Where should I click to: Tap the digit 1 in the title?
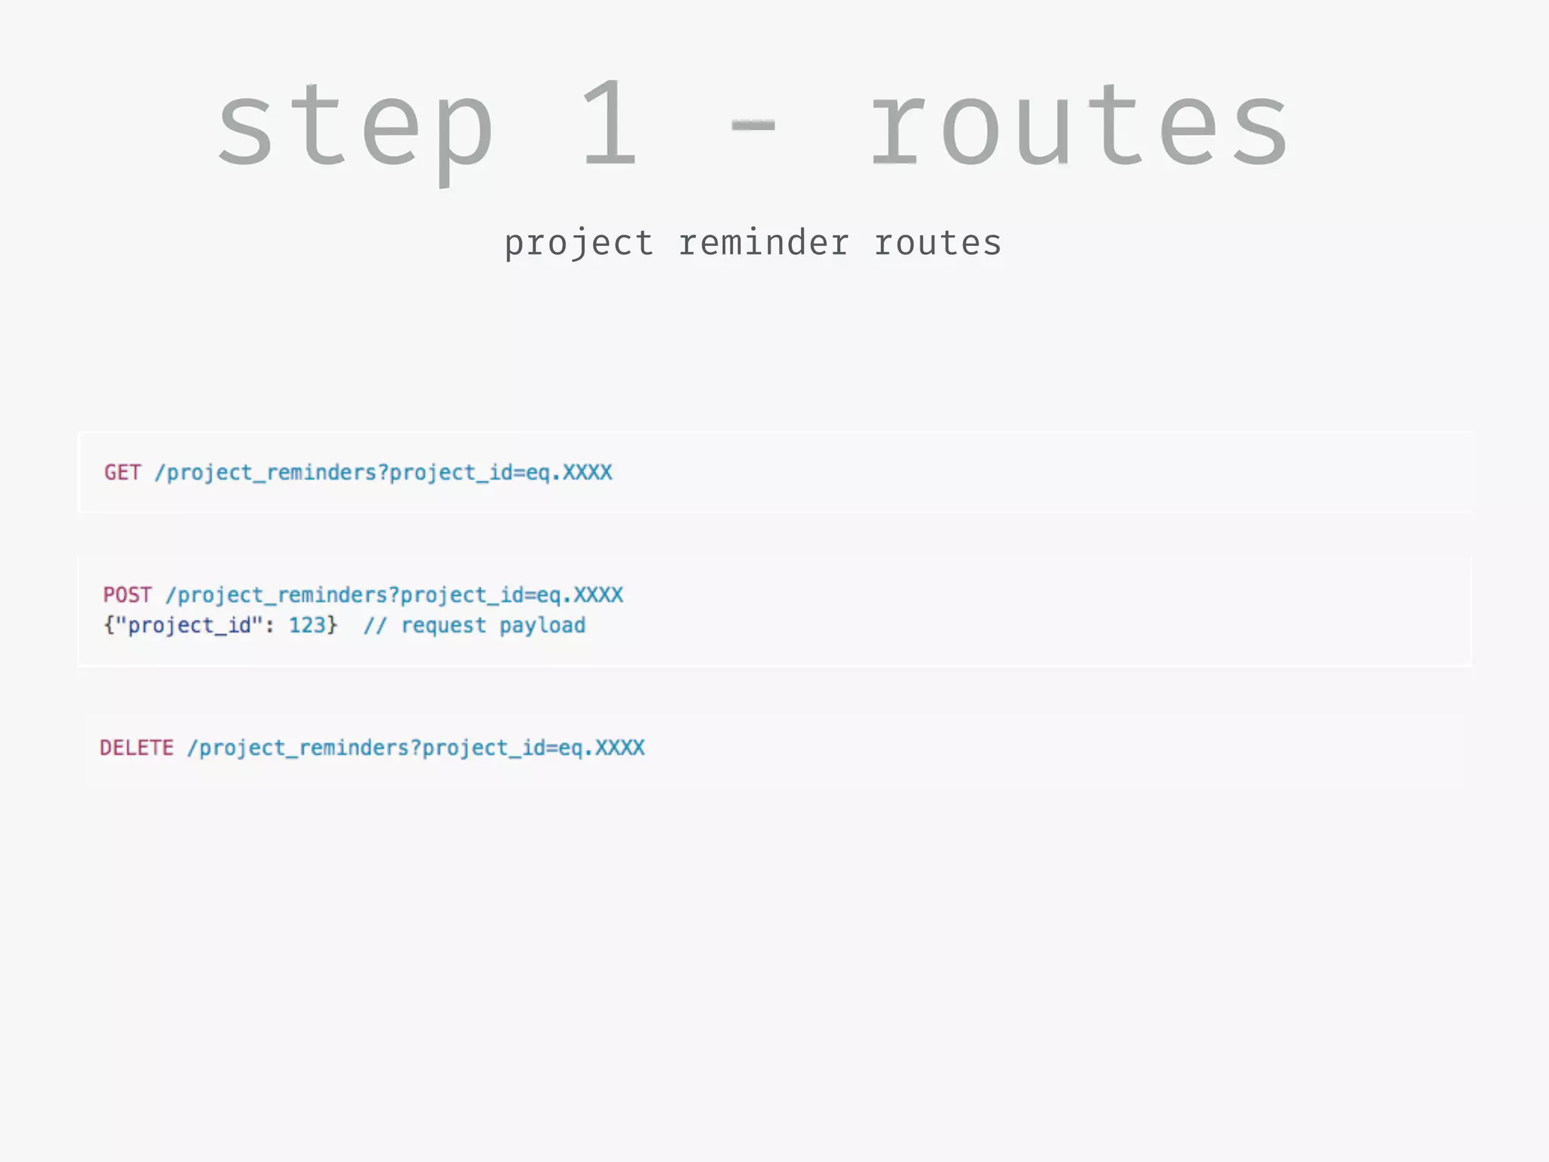(x=610, y=125)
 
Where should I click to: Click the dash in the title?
(x=753, y=126)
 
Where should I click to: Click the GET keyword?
(x=123, y=473)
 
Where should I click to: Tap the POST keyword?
(x=128, y=595)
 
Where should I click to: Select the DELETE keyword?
(x=137, y=748)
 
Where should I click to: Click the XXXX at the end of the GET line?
(x=588, y=473)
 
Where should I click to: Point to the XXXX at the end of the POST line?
(x=598, y=595)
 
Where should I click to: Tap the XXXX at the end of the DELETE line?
(x=620, y=748)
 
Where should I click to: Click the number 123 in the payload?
(x=307, y=626)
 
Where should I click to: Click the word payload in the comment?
(x=542, y=626)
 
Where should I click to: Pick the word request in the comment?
(x=444, y=626)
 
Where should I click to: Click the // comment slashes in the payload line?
(x=375, y=626)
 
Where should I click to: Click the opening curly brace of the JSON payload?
(x=108, y=626)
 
